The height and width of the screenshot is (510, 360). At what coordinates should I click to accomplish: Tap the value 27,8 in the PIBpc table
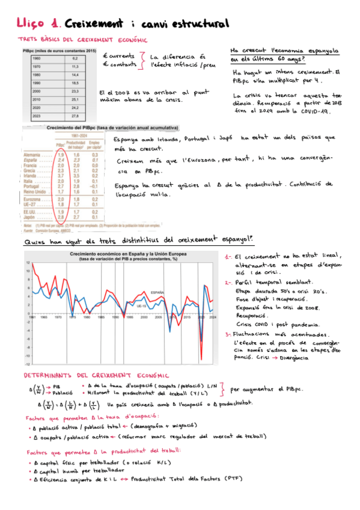coord(75,115)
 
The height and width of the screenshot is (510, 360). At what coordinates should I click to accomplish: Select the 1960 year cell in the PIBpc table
coord(37,58)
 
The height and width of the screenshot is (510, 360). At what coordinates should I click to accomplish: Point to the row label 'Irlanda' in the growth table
coord(32,175)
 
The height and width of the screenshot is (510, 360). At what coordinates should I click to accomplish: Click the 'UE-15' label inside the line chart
coord(142,305)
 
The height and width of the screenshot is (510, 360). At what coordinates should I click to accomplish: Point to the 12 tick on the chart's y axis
coord(26,263)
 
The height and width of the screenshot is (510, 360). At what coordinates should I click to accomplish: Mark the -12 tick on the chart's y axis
coord(26,364)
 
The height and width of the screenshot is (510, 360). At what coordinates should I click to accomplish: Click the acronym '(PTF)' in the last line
coord(234,479)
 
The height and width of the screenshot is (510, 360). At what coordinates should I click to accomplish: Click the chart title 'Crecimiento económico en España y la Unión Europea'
coord(128,254)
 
